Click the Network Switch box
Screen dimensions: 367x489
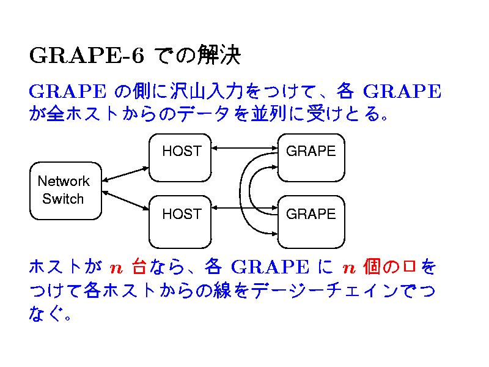click(x=65, y=190)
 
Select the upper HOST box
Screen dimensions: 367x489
click(x=181, y=158)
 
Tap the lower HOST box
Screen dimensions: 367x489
click(x=181, y=221)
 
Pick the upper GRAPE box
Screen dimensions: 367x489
click(x=312, y=158)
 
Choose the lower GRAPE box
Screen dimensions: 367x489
click(x=312, y=221)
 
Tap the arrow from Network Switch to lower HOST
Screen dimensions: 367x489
click(x=126, y=200)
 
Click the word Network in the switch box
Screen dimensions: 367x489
click(x=64, y=181)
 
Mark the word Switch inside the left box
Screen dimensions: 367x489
click(x=64, y=199)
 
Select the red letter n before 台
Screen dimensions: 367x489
click(x=116, y=268)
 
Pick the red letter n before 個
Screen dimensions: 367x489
click(x=348, y=268)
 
